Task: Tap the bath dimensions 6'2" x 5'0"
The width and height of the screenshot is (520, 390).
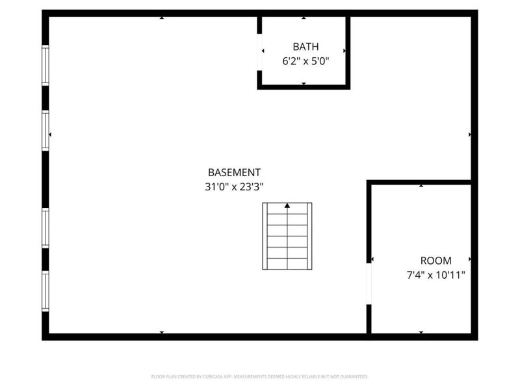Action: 306,61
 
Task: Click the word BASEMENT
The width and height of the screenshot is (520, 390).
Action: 234,172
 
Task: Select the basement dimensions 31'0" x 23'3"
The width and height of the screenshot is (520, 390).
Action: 234,187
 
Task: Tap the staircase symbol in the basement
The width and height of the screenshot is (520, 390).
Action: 287,236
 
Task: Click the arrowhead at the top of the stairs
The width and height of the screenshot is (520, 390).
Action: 287,206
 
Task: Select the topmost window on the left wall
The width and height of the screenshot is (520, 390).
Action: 45,64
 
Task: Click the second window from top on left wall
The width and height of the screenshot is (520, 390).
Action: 45,132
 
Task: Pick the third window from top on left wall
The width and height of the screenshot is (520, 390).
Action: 45,228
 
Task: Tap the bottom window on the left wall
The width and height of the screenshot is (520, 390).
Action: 45,291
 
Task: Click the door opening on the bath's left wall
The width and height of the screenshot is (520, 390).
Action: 260,50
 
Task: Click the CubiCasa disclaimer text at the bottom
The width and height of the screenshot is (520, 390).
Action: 260,376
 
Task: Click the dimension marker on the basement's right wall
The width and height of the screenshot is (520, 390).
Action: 470,135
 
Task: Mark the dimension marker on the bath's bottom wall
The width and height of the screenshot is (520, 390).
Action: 304,84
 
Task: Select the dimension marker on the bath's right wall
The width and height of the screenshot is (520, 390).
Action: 344,50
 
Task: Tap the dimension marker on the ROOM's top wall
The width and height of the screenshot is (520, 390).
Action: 421,186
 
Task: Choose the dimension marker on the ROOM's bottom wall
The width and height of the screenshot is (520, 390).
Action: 421,332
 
